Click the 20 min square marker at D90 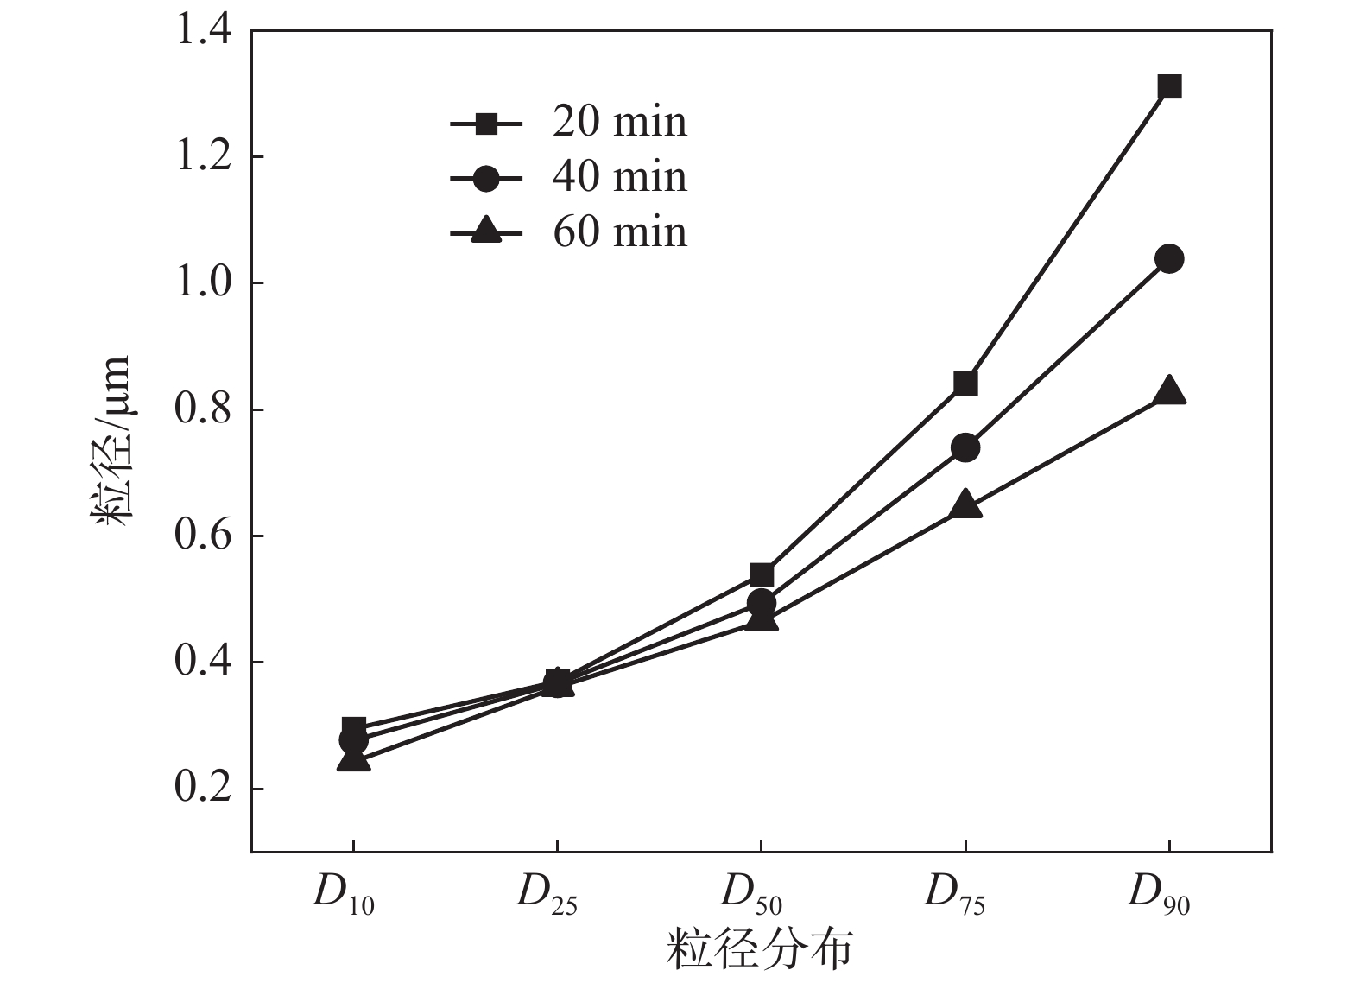point(1169,86)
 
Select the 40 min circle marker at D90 point(1169,258)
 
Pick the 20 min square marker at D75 point(965,383)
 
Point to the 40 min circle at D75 point(965,447)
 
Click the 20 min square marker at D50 point(762,574)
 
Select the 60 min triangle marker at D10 point(354,760)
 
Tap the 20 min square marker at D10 point(354,726)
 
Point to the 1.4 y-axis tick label point(204,31)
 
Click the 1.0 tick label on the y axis point(204,283)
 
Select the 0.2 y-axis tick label point(204,789)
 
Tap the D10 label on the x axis point(343,895)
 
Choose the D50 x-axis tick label point(751,895)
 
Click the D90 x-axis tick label point(1159,895)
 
